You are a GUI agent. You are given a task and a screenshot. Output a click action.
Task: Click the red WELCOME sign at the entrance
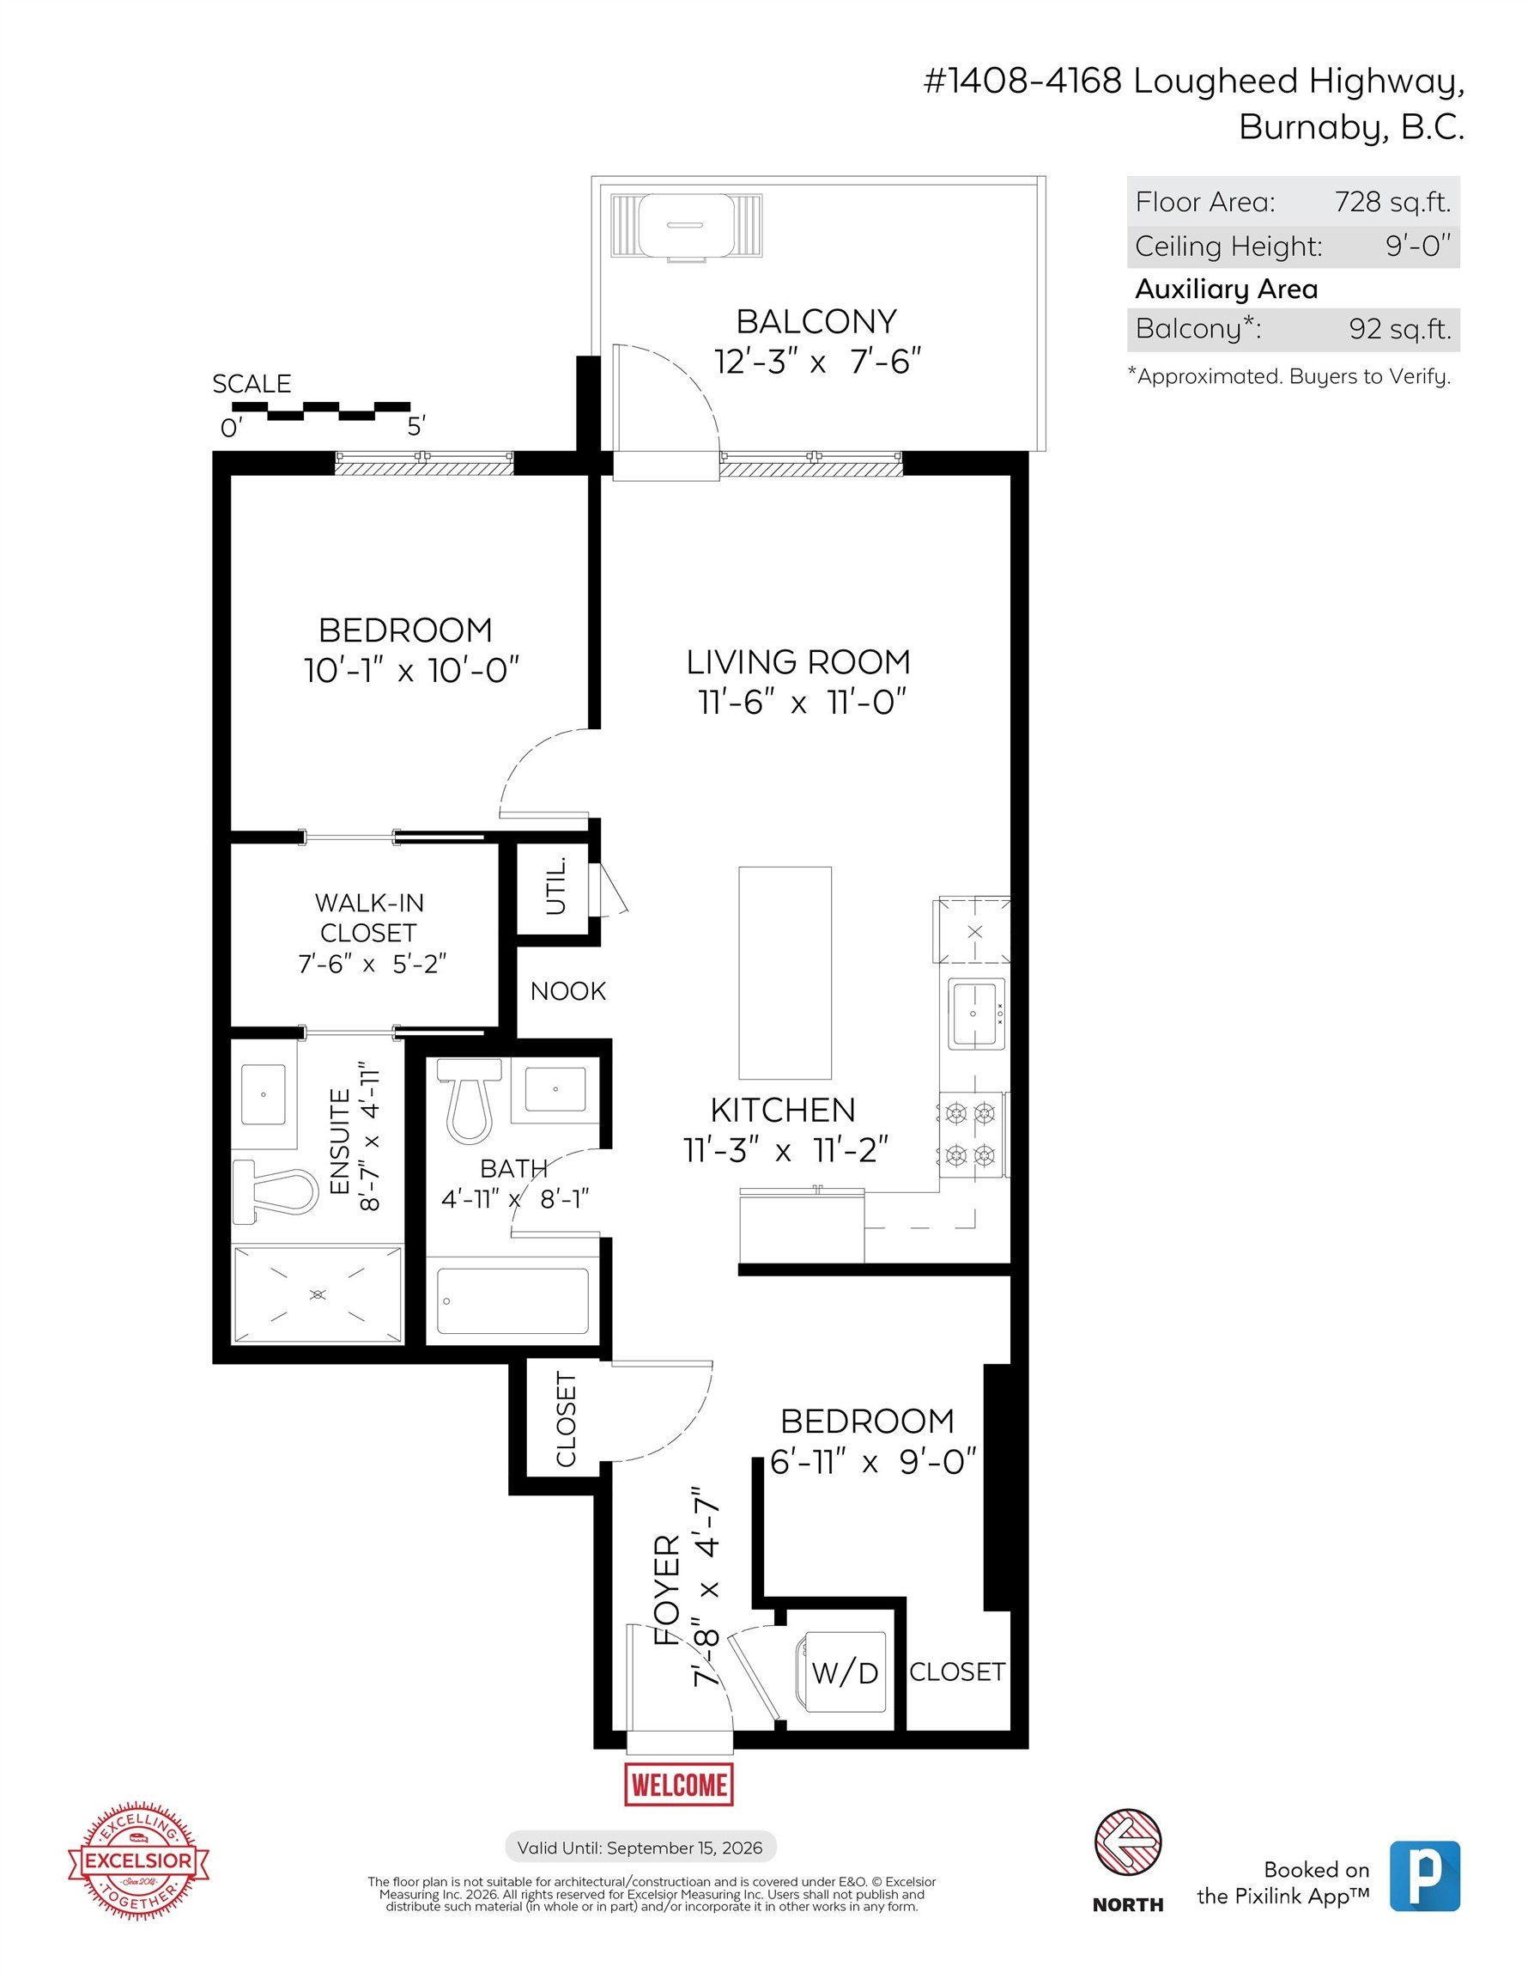pos(678,1784)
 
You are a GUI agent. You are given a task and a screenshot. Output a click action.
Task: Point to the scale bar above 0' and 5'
pos(321,411)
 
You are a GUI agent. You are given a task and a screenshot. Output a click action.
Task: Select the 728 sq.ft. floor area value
pos(1392,201)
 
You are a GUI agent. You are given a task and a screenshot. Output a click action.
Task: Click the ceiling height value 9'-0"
pos(1417,246)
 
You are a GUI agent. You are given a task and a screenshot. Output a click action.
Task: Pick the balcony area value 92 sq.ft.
pos(1399,328)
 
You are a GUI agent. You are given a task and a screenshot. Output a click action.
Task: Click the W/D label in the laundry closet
pos(844,1672)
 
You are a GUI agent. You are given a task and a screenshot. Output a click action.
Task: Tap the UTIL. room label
pos(556,886)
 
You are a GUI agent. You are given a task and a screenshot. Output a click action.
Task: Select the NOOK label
pos(568,990)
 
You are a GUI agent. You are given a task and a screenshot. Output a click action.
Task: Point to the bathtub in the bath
pos(512,1300)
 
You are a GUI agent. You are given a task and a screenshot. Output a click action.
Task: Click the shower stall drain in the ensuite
pos(317,1294)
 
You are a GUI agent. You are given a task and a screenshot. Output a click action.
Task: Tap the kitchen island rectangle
pos(785,972)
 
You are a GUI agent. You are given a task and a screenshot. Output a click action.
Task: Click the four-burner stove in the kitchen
pos(970,1134)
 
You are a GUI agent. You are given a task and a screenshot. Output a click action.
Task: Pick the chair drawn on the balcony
pos(686,225)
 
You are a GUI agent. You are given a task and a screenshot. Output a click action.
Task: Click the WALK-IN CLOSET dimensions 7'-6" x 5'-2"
pos(373,963)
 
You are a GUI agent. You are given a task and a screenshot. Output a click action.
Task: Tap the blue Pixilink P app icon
pos(1424,1876)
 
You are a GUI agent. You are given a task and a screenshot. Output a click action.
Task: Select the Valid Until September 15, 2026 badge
pos(640,1847)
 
